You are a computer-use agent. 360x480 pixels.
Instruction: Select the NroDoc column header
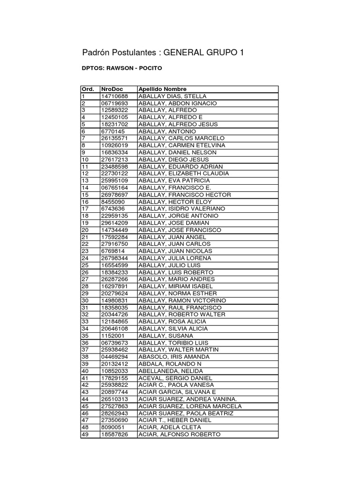tap(111, 89)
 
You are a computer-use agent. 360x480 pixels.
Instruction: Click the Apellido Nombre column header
tap(163, 89)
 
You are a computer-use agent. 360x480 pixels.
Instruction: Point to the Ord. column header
tap(88, 89)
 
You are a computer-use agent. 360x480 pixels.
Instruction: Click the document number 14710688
tap(114, 96)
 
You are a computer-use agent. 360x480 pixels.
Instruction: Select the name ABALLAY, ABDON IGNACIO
tap(177, 103)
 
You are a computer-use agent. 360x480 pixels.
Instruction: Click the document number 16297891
tap(114, 286)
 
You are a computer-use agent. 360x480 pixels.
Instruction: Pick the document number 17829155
tap(114, 378)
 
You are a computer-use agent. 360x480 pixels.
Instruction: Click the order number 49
tap(85, 434)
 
